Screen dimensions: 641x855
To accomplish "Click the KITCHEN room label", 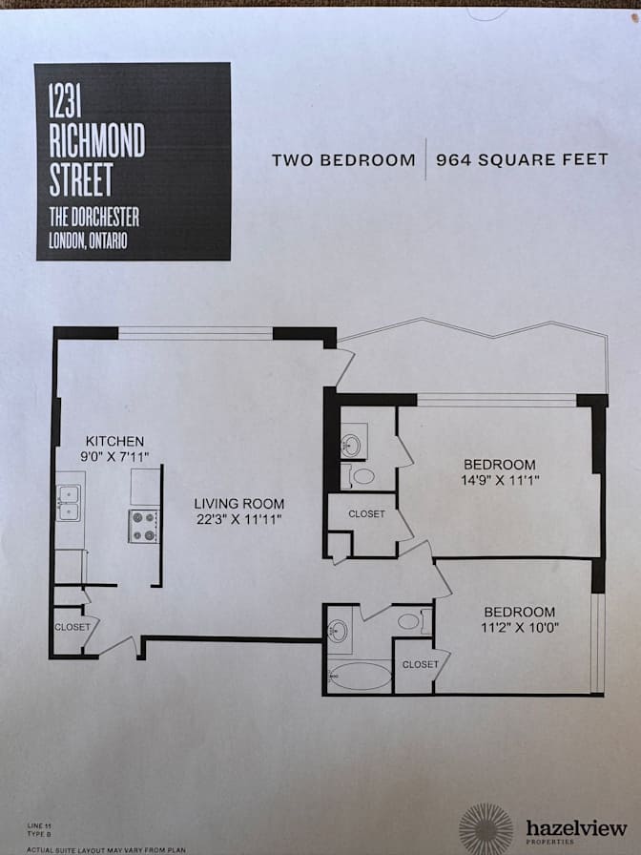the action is [x=114, y=441].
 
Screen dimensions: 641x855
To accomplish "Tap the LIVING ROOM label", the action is [x=238, y=504].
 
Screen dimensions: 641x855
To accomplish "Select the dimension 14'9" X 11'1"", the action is [x=500, y=480].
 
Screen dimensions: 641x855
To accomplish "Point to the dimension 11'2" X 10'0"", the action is [x=520, y=627].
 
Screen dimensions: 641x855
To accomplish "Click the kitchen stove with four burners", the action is [x=144, y=526].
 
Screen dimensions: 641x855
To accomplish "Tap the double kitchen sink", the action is [x=70, y=503].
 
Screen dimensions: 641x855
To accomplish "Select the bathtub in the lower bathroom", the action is [x=361, y=677].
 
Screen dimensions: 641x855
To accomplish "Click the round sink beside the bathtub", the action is [x=338, y=632].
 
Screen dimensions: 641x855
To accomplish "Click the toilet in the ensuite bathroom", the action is [x=361, y=476].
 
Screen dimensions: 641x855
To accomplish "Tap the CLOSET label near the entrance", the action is [x=72, y=627].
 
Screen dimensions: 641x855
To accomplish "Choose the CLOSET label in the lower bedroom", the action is [x=421, y=664].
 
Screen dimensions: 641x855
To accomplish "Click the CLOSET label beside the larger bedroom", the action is [x=367, y=513].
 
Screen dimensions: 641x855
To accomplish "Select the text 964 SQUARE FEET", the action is [x=522, y=159].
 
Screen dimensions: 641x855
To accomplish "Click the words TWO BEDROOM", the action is [x=343, y=160].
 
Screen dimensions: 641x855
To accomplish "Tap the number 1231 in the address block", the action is [x=66, y=100].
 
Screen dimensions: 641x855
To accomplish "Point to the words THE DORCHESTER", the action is [x=94, y=217].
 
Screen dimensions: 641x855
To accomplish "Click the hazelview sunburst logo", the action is [x=486, y=829].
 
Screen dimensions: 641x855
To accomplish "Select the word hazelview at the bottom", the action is [x=576, y=829].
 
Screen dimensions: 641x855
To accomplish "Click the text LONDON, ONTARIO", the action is [x=89, y=240].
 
